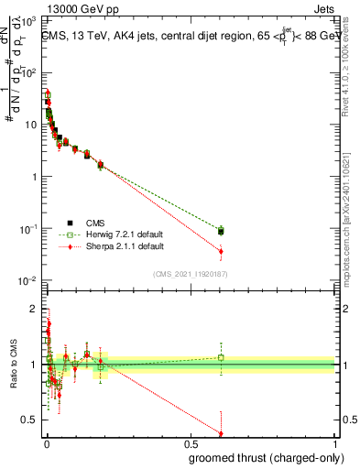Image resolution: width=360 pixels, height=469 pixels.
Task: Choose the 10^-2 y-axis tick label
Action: coord(30,280)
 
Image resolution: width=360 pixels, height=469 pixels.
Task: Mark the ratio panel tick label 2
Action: coord(34,309)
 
